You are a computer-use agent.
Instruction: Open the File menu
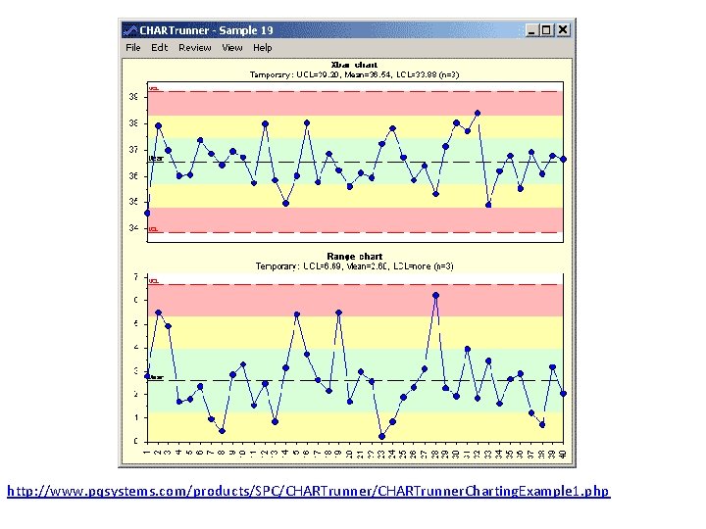click(133, 47)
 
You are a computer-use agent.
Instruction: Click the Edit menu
click(159, 47)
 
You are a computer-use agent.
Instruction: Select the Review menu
click(194, 47)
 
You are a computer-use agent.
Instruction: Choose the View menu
click(231, 47)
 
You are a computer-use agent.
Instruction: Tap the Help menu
click(263, 47)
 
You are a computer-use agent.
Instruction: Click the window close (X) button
click(563, 30)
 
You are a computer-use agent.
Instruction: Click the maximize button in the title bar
click(547, 30)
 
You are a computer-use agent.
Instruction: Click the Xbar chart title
click(354, 65)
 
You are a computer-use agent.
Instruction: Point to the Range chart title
click(354, 257)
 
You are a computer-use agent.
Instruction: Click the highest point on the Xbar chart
click(478, 113)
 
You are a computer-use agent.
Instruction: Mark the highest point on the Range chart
click(435, 295)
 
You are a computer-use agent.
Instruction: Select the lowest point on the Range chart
click(381, 436)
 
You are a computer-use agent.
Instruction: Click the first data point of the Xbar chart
click(147, 213)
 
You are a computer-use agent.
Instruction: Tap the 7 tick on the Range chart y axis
click(135, 277)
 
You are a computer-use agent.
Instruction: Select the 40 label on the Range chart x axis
click(564, 452)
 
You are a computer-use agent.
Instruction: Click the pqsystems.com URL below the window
click(308, 490)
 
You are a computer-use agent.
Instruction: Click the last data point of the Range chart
click(564, 394)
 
